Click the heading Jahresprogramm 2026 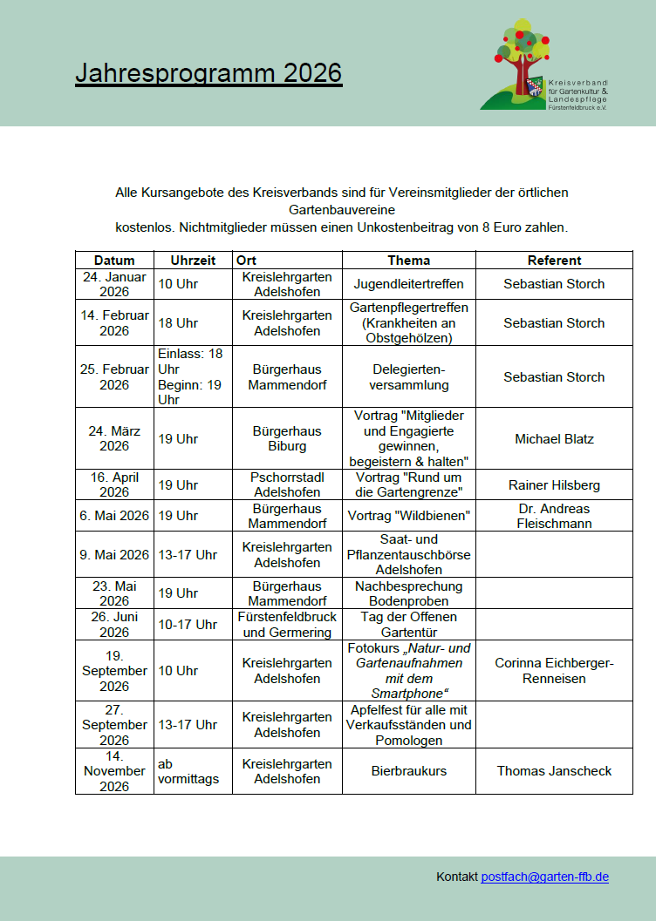pos(208,74)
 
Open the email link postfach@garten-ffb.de pos(544,877)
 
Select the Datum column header pos(114,260)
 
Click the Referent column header pos(554,260)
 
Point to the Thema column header pos(408,260)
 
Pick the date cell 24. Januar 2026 pos(114,284)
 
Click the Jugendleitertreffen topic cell pos(408,284)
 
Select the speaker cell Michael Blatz pos(554,438)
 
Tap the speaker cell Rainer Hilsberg pos(554,484)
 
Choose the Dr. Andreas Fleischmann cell pos(554,516)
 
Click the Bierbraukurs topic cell pos(408,771)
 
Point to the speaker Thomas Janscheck pos(554,771)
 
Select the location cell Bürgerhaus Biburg pos(287,438)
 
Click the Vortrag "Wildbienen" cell pos(408,516)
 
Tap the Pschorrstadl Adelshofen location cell pos(287,484)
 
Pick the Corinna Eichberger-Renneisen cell pos(554,671)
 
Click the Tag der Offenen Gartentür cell pos(408,625)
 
